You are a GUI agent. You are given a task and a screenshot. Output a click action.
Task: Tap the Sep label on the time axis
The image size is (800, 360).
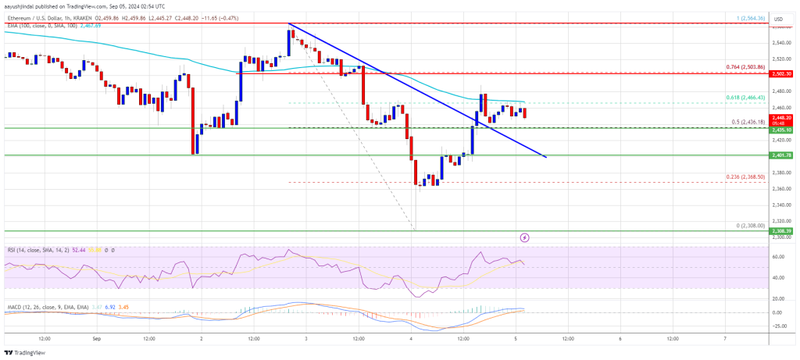click(97, 339)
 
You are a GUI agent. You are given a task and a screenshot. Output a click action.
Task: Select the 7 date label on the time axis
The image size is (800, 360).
click(725, 339)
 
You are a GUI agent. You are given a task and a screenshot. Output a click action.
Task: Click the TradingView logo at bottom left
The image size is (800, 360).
click(27, 351)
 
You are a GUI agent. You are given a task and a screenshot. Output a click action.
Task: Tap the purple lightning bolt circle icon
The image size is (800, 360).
click(525, 237)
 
